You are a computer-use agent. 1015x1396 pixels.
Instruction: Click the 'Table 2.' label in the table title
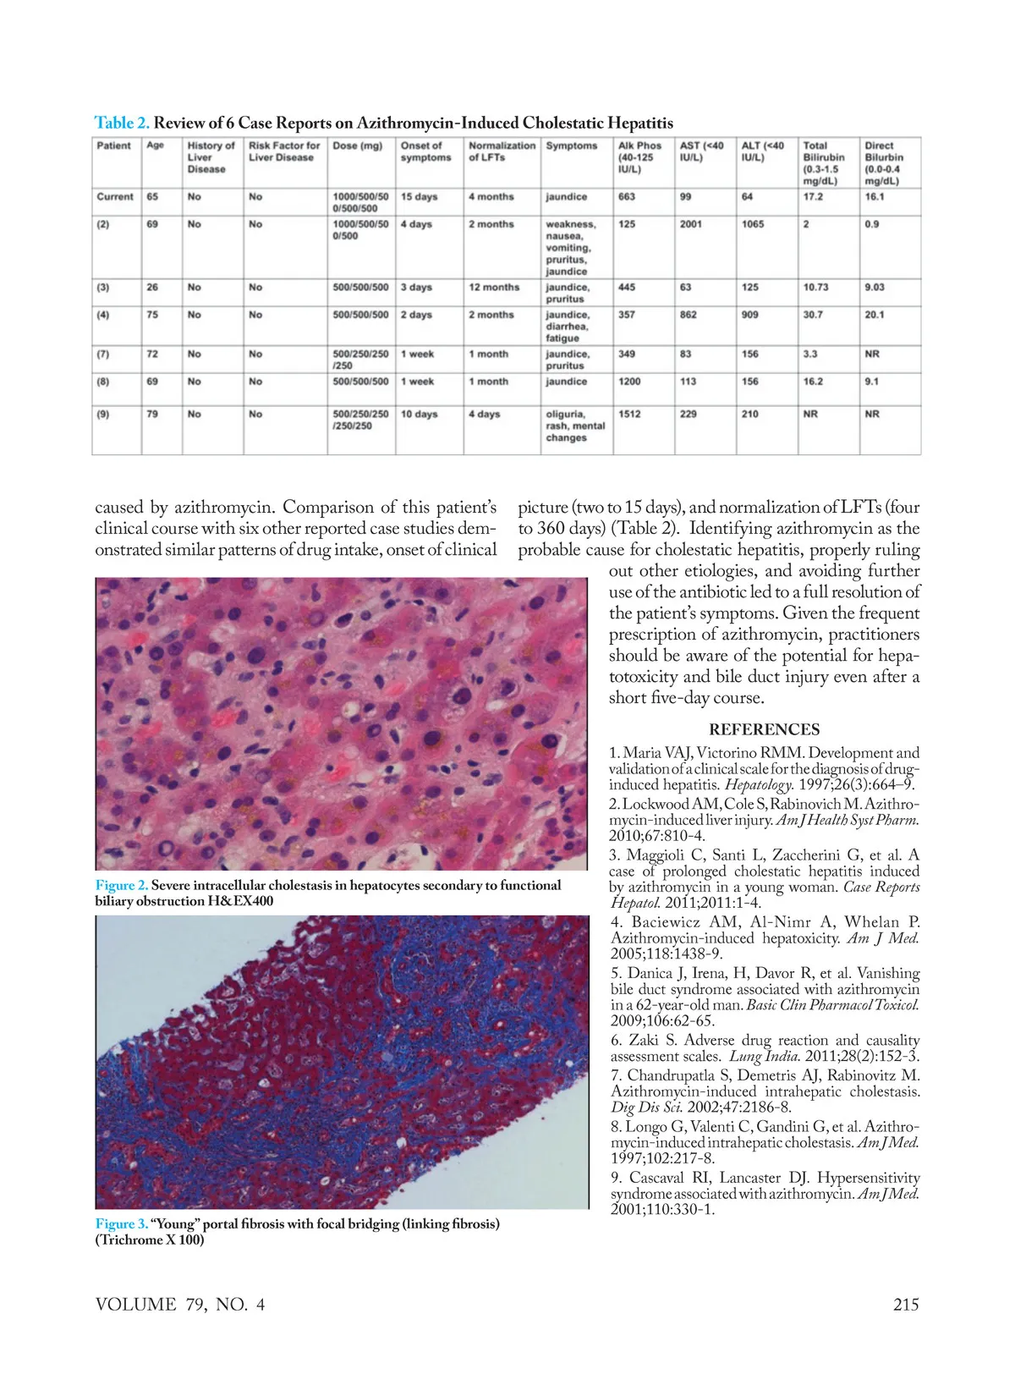122,123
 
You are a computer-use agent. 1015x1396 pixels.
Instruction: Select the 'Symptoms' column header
571,146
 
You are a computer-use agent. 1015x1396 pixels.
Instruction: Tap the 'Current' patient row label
115,196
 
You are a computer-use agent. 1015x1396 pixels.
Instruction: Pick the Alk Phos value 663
627,196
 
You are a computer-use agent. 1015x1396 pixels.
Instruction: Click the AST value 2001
691,224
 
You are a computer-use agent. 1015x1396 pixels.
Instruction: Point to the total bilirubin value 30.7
813,315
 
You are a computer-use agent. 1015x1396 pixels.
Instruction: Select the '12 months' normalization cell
494,288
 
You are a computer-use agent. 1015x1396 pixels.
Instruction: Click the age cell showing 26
152,288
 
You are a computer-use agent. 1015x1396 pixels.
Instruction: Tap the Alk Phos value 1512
629,415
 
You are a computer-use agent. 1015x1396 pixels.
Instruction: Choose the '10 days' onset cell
420,415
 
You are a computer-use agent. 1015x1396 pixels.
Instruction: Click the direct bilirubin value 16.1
875,196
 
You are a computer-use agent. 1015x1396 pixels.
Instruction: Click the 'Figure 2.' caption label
122,885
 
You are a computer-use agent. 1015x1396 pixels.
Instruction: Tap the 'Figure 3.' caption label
122,1223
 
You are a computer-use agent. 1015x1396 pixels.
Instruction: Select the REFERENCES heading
764,729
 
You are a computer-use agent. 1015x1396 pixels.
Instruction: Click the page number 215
906,1304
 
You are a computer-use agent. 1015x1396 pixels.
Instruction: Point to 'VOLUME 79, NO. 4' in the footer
180,1304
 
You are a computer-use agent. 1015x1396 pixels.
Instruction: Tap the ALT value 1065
753,224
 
